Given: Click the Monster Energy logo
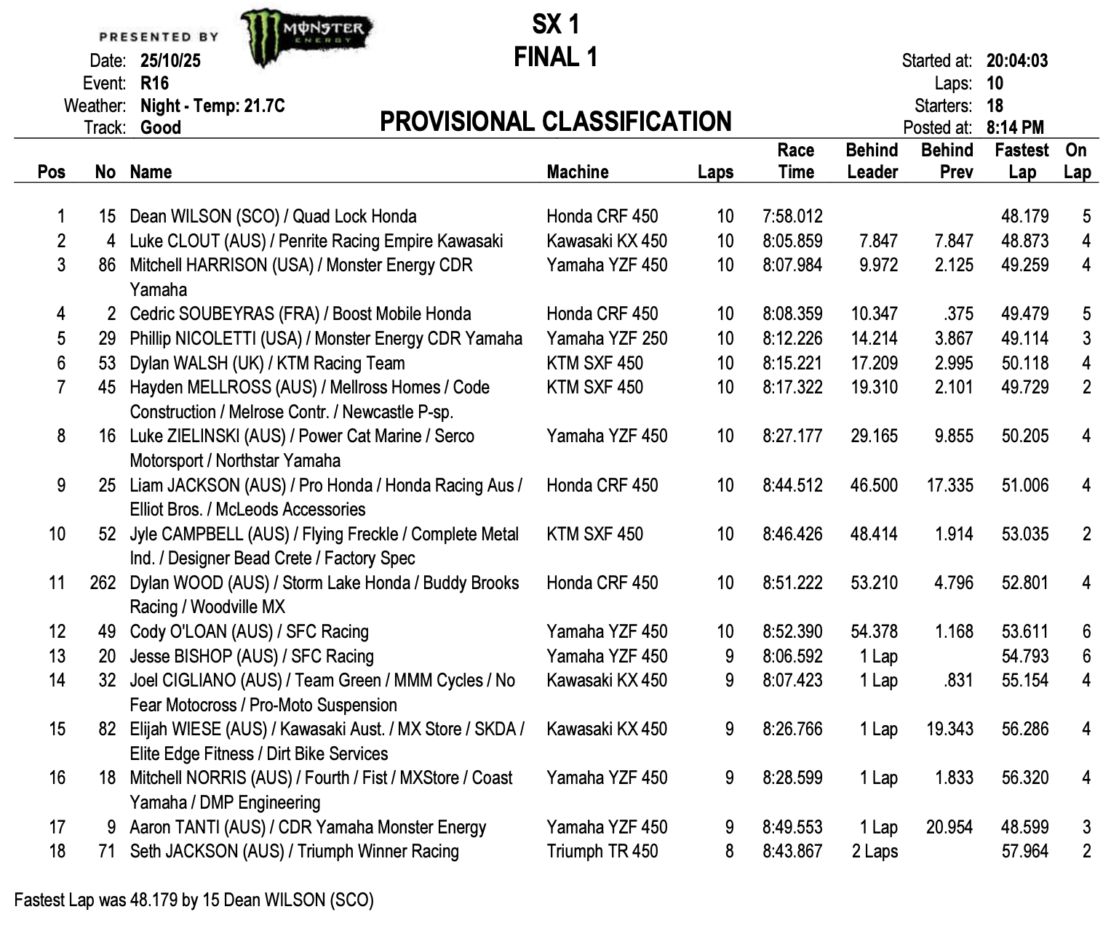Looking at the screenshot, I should (306, 36).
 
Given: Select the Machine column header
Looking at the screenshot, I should (578, 172).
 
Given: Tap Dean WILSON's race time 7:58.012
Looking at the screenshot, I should (792, 217).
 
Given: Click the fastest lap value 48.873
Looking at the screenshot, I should (1024, 241).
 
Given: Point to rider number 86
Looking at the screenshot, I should (107, 265).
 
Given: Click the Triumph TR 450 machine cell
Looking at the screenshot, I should (602, 852).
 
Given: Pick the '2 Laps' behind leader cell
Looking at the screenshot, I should (875, 852).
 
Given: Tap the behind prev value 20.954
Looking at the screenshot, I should (949, 828).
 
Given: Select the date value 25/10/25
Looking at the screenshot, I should (170, 61).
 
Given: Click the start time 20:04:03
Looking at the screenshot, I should (1016, 61).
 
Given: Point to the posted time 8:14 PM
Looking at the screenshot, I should (1014, 128).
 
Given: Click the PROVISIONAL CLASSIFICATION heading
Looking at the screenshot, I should (555, 121).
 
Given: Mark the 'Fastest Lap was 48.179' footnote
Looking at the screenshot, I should (194, 900).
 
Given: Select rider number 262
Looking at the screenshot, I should (103, 583).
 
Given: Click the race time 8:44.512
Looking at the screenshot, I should (792, 486).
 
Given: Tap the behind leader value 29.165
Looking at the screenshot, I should (874, 436).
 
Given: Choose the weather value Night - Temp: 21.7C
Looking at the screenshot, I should (212, 106).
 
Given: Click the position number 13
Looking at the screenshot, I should (57, 657).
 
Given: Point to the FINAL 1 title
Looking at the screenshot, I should (555, 57).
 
